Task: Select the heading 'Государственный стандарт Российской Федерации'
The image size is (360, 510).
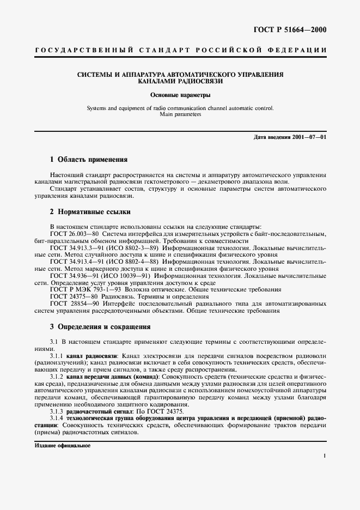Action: pos(180,50)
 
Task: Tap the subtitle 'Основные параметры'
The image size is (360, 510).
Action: pos(180,95)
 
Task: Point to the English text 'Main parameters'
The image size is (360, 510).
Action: pos(180,115)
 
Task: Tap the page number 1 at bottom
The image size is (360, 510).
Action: pos(325,456)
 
